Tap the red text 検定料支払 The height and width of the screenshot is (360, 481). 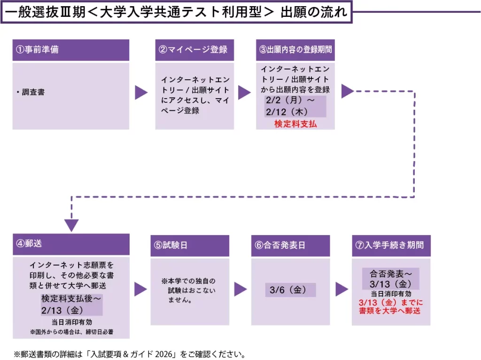tap(295, 124)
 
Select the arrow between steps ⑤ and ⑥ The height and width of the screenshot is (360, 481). tap(240, 290)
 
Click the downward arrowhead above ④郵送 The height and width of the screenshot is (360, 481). tap(71, 225)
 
